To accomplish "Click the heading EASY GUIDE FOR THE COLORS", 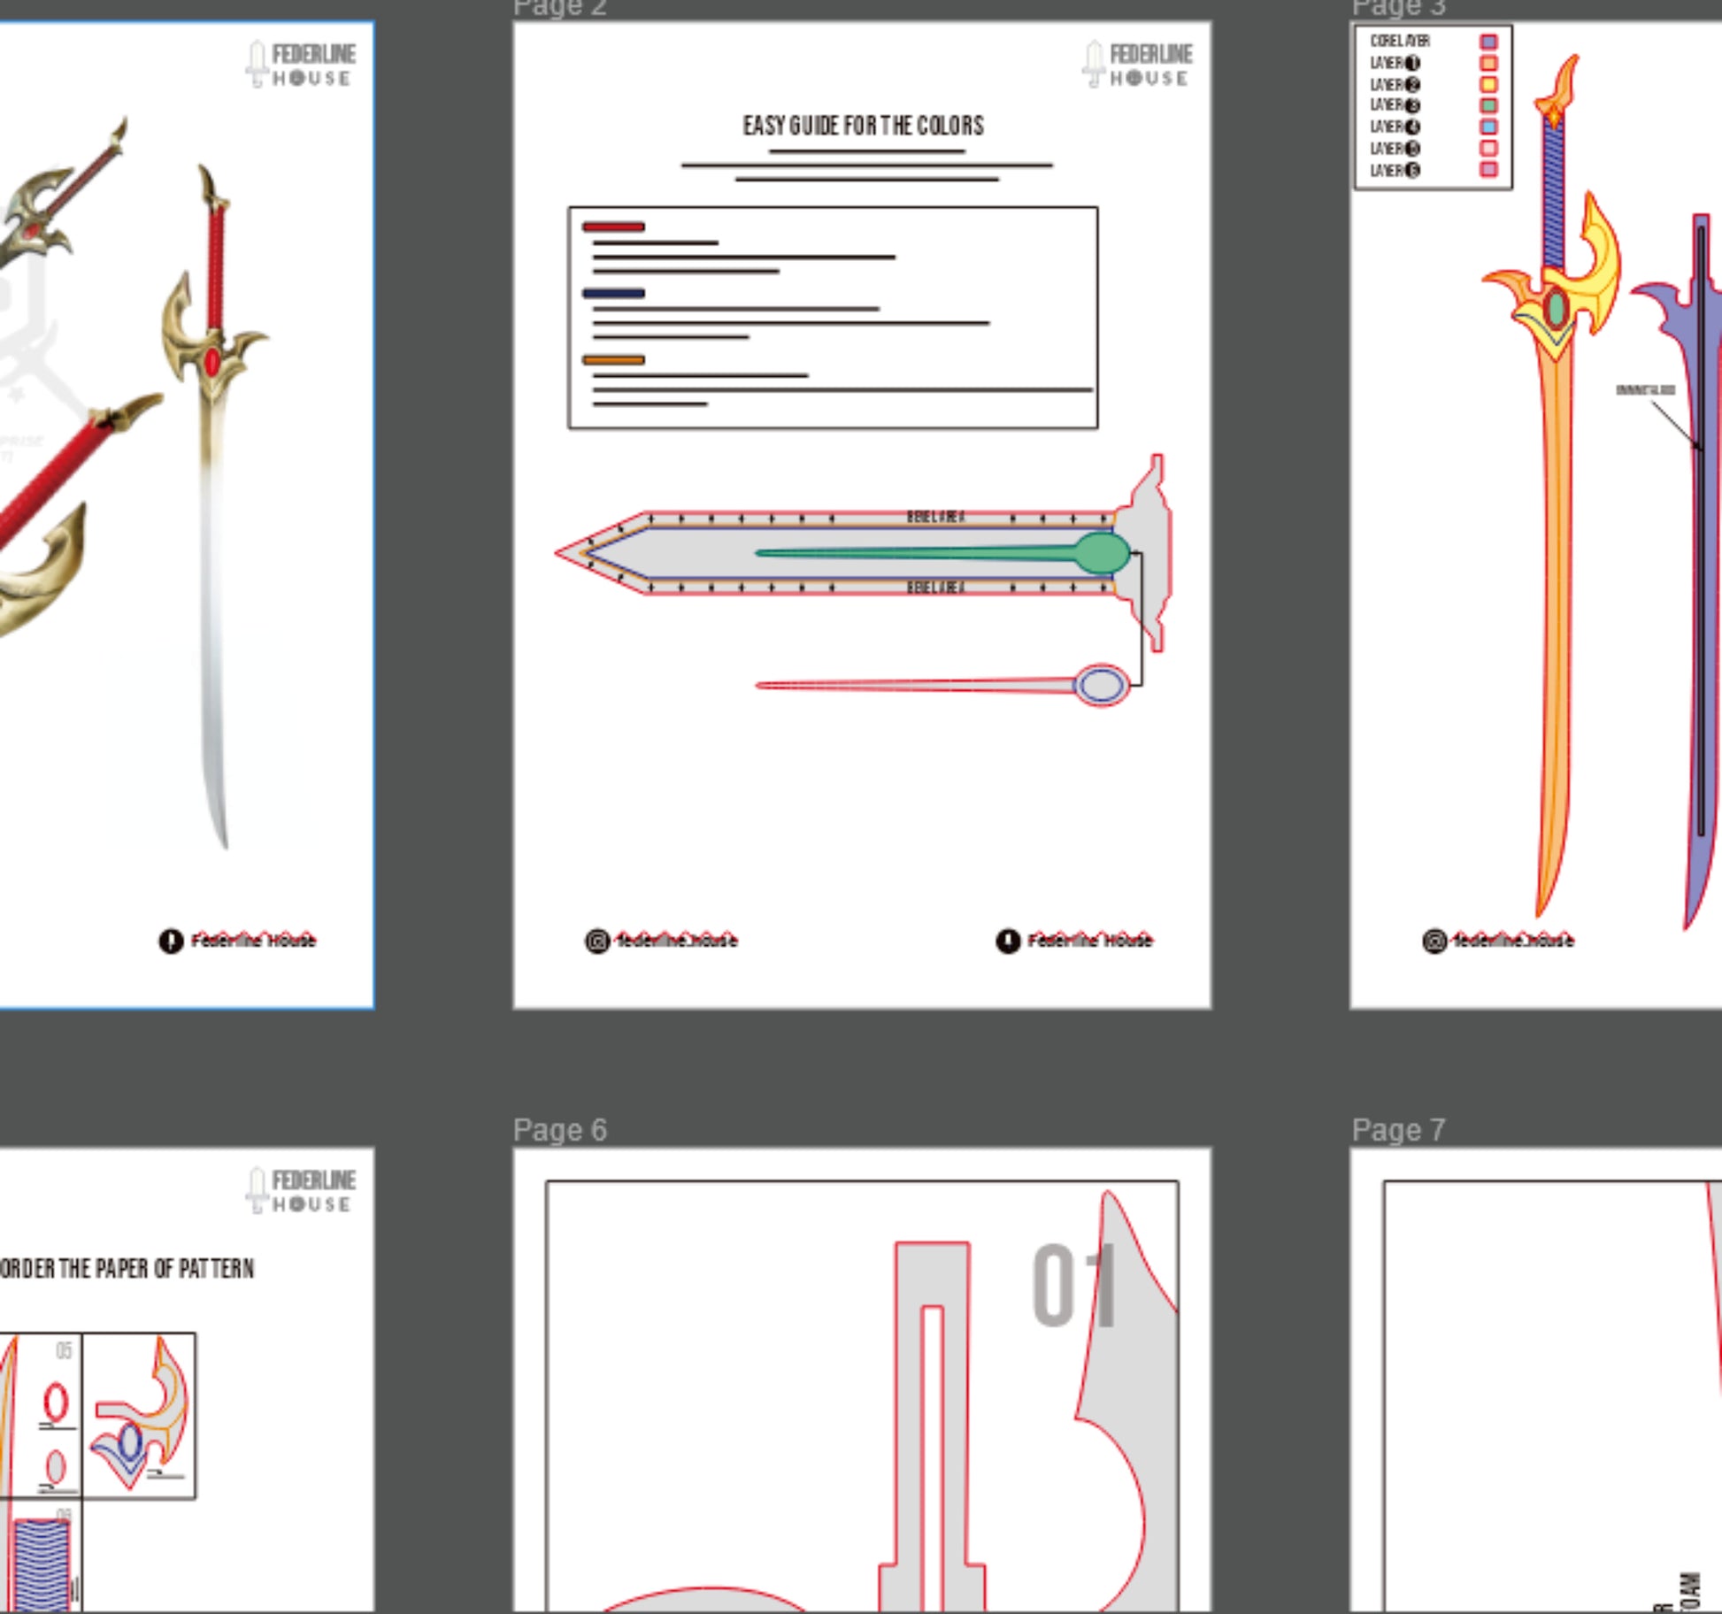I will click(x=863, y=126).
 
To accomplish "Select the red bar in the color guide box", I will click(x=613, y=227).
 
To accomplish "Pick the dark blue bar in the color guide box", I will click(x=613, y=293).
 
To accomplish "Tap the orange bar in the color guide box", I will click(x=613, y=359).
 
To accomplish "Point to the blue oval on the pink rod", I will click(x=1101, y=685).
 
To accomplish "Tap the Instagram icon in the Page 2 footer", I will click(x=597, y=941).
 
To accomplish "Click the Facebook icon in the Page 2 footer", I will click(x=1008, y=941).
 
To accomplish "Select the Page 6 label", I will click(x=559, y=1130).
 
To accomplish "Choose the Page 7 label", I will click(x=1398, y=1130).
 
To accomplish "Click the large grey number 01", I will click(x=1072, y=1285).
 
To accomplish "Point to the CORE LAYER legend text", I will click(x=1399, y=42).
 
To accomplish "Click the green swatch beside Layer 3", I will click(x=1488, y=105).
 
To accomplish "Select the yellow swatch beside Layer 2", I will click(x=1488, y=84).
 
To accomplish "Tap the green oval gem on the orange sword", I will click(x=1556, y=309).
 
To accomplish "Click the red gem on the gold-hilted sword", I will click(x=212, y=361).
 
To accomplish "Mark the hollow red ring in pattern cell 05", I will click(x=56, y=1403).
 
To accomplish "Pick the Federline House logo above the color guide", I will click(x=1137, y=65).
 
